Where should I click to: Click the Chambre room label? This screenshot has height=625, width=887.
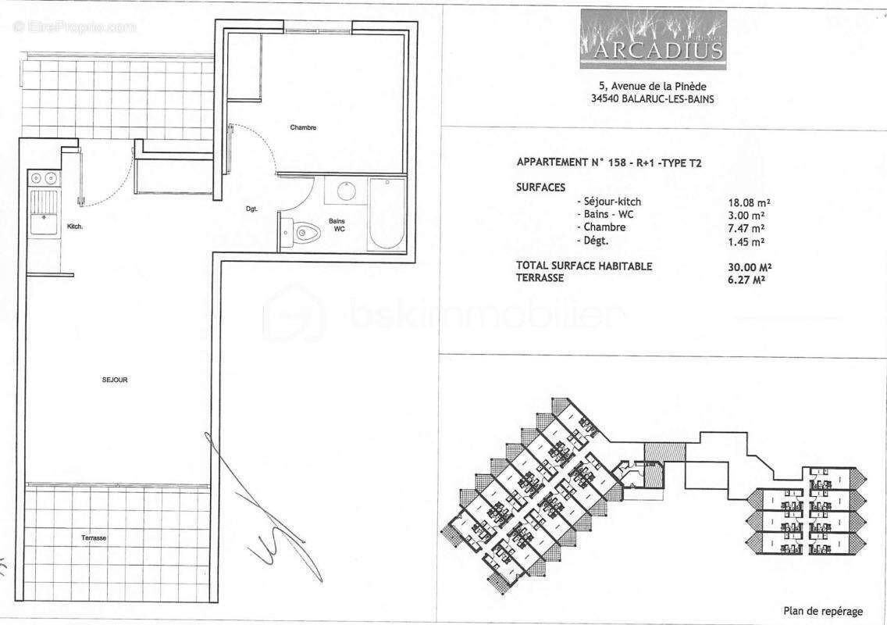303,128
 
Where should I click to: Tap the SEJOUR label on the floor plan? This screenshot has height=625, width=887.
114,380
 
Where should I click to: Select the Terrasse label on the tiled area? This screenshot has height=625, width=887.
93,539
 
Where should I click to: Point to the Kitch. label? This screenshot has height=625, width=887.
75,227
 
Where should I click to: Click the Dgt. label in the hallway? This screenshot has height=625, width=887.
251,209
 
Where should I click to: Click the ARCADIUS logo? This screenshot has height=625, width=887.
653,41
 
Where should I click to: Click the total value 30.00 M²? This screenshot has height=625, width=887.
746,266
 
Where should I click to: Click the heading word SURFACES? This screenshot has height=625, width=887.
540,188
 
